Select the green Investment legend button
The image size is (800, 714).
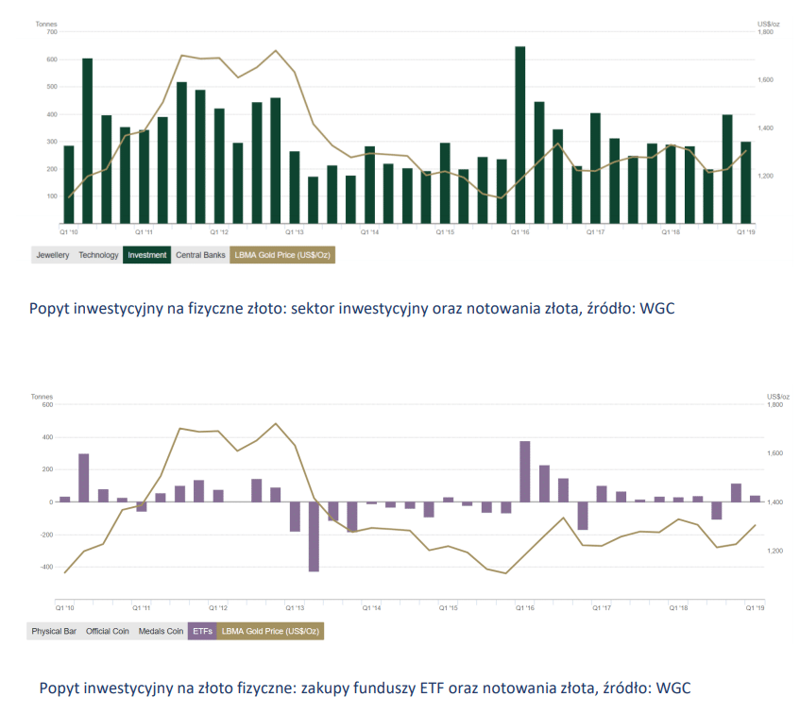(147, 255)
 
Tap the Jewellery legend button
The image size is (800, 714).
(53, 255)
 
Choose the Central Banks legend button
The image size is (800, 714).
(199, 255)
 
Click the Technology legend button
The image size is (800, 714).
(98, 255)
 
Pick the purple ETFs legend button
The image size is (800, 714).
(201, 630)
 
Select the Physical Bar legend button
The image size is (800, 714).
(54, 630)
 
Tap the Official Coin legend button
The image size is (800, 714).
(108, 630)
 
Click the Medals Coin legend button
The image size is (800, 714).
(161, 630)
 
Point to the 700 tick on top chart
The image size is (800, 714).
(51, 32)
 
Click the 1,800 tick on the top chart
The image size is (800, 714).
(766, 32)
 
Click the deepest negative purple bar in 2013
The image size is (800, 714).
(314, 536)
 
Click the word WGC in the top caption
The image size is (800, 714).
(660, 308)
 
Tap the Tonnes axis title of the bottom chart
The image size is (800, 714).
(43, 396)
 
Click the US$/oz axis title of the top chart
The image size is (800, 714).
(768, 23)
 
